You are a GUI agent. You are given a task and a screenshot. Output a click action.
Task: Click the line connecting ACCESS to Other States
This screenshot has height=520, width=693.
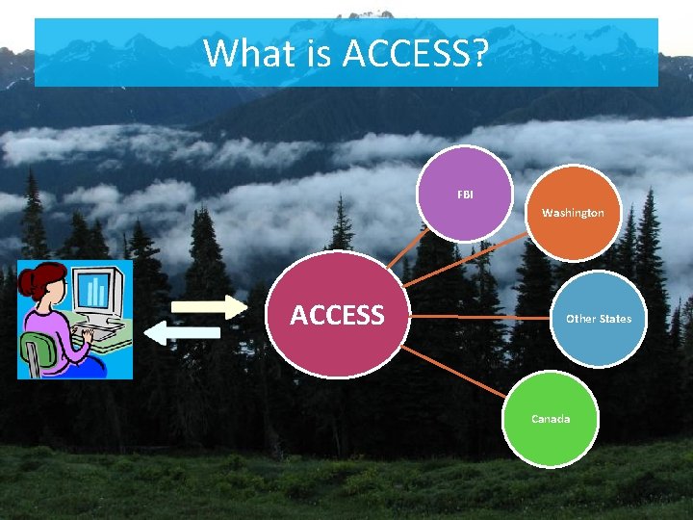(x=481, y=316)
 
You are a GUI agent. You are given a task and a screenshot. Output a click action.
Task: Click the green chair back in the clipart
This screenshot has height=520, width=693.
(x=36, y=352)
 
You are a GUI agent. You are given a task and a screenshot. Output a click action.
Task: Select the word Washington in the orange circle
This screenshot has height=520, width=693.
(x=573, y=213)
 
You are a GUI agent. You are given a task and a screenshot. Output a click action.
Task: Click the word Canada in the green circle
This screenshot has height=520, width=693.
(x=551, y=419)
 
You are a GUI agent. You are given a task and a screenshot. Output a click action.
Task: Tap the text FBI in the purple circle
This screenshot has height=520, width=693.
(x=466, y=195)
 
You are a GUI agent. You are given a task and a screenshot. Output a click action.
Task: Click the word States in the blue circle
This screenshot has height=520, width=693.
(x=615, y=319)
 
